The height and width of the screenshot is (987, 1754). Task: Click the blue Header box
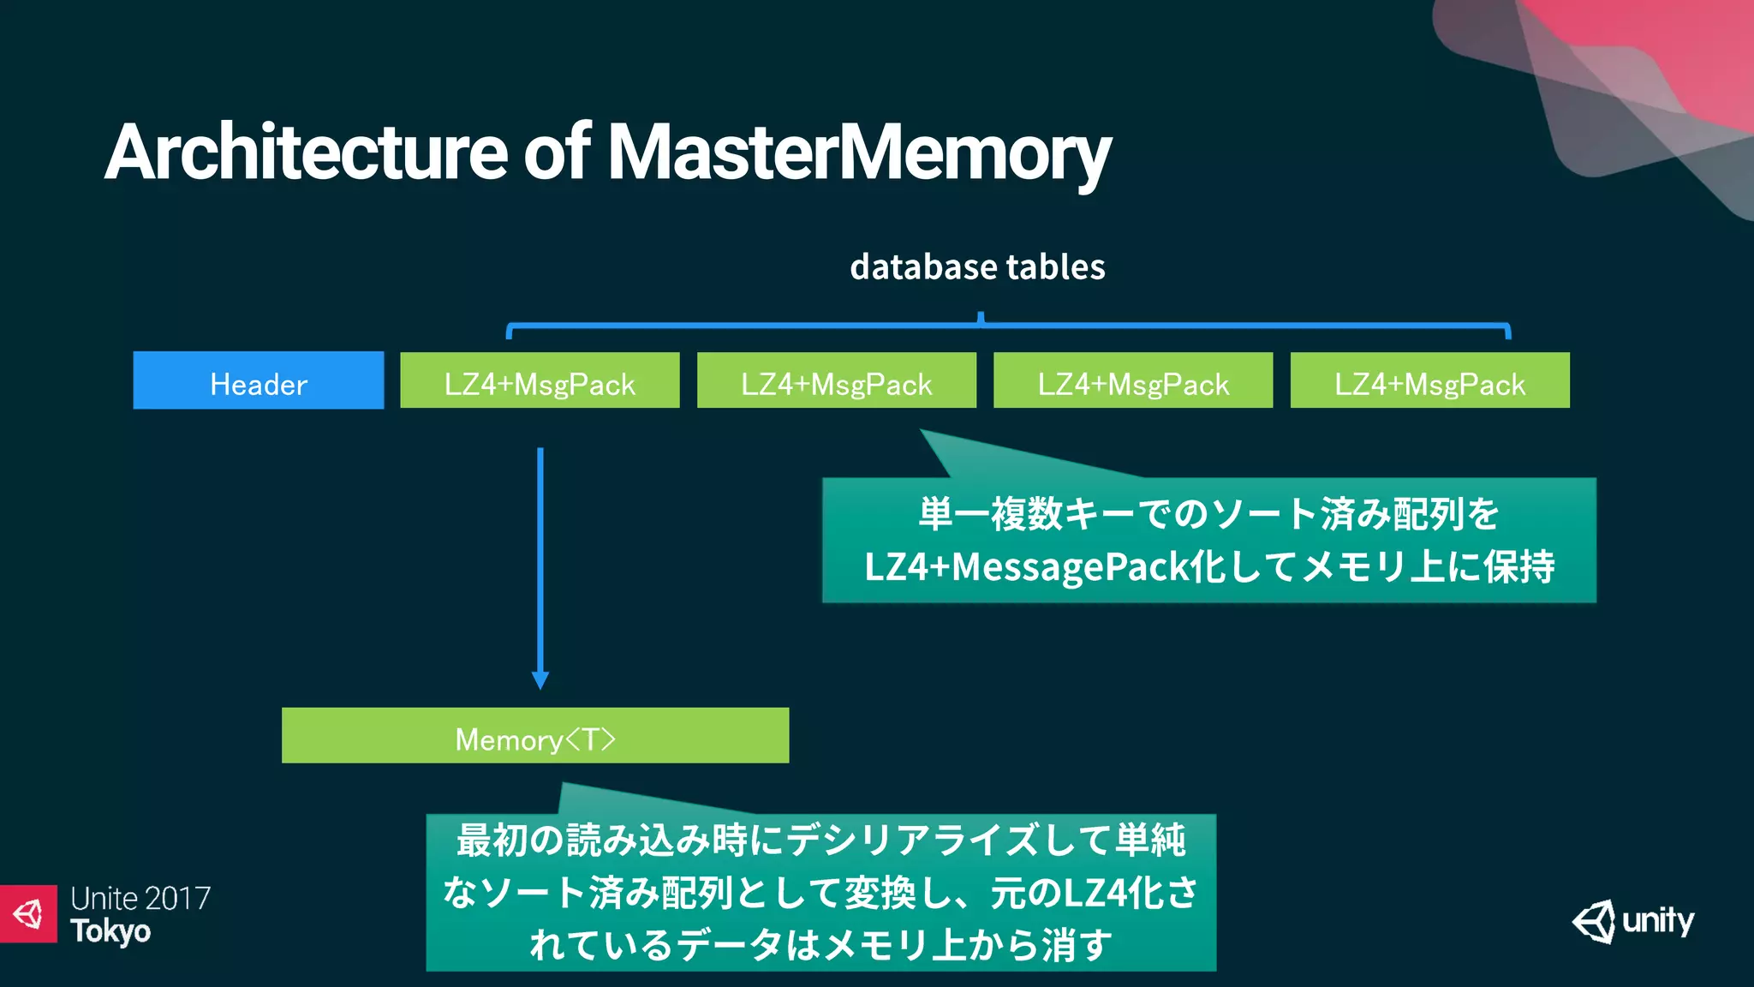pyautogui.click(x=258, y=380)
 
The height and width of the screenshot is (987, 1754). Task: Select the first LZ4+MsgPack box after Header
pyautogui.click(x=540, y=380)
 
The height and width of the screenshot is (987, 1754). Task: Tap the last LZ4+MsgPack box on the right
pyautogui.click(x=1429, y=380)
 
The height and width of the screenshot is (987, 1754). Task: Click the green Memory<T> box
pyautogui.click(x=534, y=735)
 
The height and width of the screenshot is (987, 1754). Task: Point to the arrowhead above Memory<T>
pyautogui.click(x=540, y=680)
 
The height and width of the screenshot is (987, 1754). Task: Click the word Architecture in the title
pyautogui.click(x=307, y=153)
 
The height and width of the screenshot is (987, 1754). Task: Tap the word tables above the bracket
pyautogui.click(x=1055, y=267)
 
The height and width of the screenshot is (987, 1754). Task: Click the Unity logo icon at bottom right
pyautogui.click(x=1594, y=922)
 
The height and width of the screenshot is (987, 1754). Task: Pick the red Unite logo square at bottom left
pyautogui.click(x=28, y=913)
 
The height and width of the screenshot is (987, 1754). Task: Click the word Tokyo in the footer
pyautogui.click(x=110, y=931)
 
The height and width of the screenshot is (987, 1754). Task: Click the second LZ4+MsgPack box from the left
pyautogui.click(x=836, y=380)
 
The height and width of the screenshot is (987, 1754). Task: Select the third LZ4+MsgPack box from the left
pyautogui.click(x=1133, y=380)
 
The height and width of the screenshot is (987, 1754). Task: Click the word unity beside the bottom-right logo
pyautogui.click(x=1658, y=921)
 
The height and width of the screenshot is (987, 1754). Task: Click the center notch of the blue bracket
pyautogui.click(x=981, y=319)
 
